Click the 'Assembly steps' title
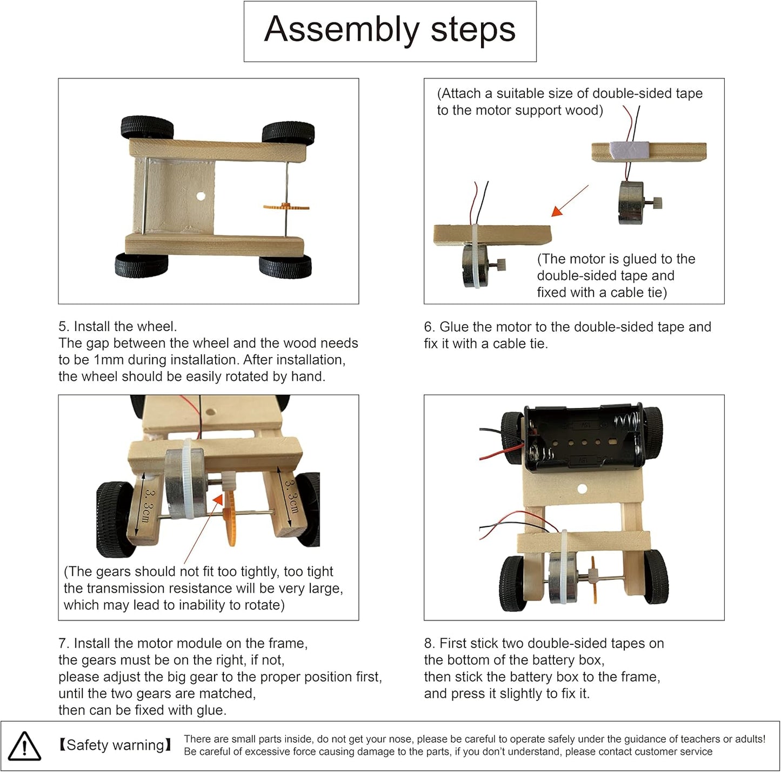390,29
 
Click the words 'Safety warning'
116,745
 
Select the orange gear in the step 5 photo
286,207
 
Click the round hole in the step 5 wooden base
201,196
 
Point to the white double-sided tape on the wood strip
629,150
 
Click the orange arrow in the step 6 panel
570,201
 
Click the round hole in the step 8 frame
582,489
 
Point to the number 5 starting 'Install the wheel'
62,327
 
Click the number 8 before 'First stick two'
428,643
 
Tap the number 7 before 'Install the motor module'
62,643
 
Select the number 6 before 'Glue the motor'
429,327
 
